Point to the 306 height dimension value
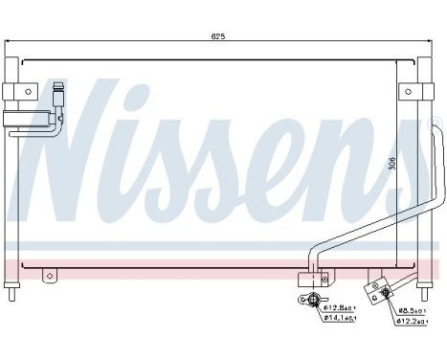(417, 164)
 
